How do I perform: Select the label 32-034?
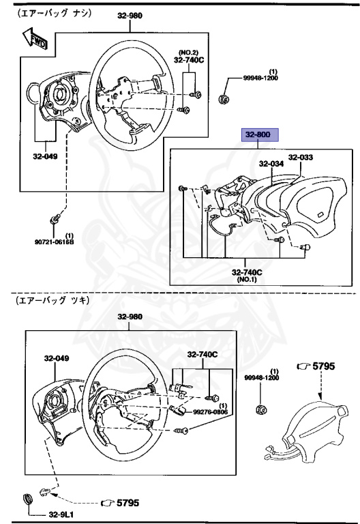point(271,164)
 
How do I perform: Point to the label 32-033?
point(300,158)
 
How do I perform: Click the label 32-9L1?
point(61,515)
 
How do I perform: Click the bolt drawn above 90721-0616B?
point(55,220)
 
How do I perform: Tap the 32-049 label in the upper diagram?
point(45,157)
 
